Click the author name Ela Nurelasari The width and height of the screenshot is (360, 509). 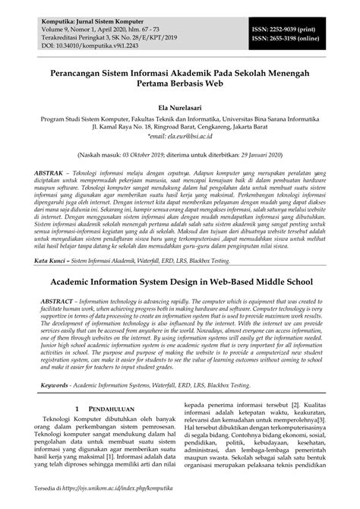tap(179, 107)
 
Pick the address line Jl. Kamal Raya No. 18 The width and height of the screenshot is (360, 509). tap(180, 128)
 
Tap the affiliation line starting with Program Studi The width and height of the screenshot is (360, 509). tap(180, 119)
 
